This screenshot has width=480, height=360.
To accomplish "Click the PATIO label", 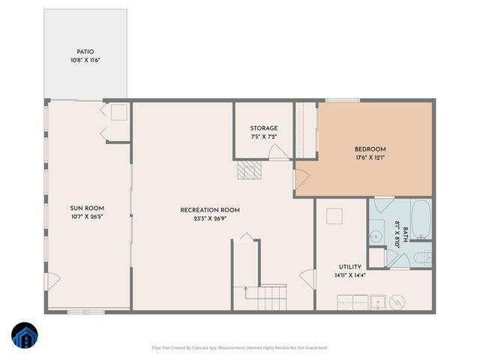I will coord(85,52).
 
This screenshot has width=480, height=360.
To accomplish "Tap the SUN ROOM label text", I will coord(87,208).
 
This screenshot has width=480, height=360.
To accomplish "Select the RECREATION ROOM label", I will coord(210,210).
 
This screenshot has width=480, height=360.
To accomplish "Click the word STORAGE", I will coord(264,128).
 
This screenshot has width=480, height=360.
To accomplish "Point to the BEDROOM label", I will coord(370,148).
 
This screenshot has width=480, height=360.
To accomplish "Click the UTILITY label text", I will coord(349,266).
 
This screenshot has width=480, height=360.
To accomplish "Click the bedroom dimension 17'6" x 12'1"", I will coord(370,157).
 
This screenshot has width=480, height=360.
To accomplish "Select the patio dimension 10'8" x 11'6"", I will coord(85,60).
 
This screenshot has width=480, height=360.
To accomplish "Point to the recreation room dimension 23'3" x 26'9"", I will coord(210,219).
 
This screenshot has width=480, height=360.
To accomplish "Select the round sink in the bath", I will coord(376,236).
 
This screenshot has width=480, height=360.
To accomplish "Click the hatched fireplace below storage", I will coord(249,171).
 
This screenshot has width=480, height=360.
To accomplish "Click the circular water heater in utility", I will coord(398,301).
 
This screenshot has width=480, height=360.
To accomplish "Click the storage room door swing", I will coord(278,153).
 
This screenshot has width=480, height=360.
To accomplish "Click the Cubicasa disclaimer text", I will coord(240,348).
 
